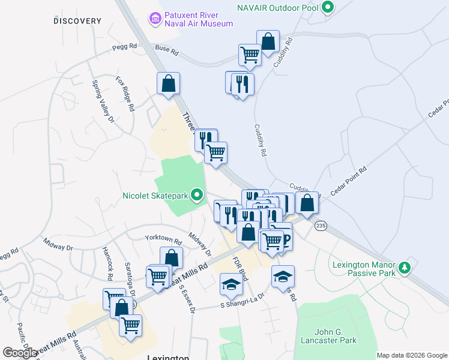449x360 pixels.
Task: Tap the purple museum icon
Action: [156, 19]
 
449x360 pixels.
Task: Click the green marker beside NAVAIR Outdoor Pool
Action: [327, 8]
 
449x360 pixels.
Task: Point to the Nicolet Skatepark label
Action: [155, 195]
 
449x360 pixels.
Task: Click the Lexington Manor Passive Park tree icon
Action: [406, 267]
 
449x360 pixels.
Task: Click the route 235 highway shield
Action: [321, 225]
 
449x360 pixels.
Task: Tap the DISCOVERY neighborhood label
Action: [77, 21]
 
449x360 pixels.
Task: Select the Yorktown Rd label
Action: [163, 238]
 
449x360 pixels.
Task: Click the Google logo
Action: [20, 353]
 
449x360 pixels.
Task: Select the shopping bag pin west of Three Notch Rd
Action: [169, 83]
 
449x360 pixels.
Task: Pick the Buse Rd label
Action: [167, 53]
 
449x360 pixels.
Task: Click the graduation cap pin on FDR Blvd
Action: [231, 285]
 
